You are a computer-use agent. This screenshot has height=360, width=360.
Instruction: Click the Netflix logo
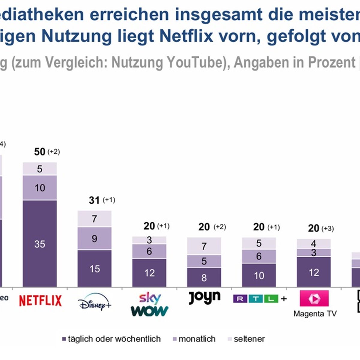tap(40, 301)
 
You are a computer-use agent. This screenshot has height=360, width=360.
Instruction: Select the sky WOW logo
tap(149, 304)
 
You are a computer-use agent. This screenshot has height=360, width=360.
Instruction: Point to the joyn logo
tap(205, 297)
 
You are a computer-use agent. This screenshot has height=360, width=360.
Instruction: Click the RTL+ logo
tap(260, 298)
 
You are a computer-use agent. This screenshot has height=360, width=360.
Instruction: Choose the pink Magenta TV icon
tap(314, 298)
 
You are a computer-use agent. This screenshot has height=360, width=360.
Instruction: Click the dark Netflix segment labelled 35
tap(40, 244)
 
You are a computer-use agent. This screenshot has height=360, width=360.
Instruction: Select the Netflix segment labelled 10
tap(40, 188)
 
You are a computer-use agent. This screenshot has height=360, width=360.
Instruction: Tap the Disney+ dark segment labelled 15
tap(94, 268)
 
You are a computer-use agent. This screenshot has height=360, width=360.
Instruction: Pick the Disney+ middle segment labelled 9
tap(94, 238)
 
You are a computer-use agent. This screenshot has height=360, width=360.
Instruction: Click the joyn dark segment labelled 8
tap(204, 277)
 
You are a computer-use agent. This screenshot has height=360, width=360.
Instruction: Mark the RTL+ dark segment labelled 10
tap(259, 275)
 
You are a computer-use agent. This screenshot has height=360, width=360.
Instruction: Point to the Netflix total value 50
tap(40, 152)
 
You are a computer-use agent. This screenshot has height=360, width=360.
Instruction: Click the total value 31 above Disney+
tap(94, 200)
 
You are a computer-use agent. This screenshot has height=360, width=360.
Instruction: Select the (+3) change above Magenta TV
tap(328, 229)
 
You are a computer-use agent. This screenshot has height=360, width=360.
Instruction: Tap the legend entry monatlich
tap(194, 339)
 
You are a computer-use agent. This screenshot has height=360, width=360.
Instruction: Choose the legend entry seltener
tap(246, 339)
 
